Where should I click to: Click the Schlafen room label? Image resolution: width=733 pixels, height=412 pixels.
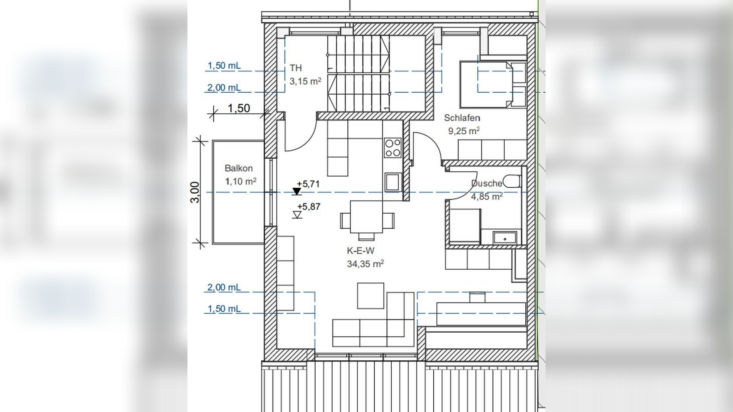pos(462,118)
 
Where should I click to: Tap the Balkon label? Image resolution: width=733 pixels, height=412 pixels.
pos(239,168)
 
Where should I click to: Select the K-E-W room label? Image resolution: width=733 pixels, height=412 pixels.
pos(360,251)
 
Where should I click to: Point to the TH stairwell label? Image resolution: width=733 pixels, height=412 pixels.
pos(295,68)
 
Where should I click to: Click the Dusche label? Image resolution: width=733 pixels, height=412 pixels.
pos(487,183)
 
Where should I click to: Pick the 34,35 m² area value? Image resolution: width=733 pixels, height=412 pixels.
pos(365,264)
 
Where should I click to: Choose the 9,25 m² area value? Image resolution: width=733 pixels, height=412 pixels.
pos(464,131)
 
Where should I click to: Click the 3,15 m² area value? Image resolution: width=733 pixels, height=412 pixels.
pos(305,81)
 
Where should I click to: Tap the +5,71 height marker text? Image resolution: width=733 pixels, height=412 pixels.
pos(308,184)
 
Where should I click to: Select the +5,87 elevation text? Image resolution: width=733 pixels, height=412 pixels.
pos(309,207)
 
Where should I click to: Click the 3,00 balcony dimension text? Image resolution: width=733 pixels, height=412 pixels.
pos(195,192)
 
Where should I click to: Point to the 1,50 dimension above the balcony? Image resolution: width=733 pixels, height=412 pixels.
pos(239,108)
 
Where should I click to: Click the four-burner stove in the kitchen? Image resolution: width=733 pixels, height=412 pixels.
pos(393,148)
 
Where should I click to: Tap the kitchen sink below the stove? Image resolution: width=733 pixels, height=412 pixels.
pos(392,182)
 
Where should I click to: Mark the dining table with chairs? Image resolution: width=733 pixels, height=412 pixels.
pos(366,219)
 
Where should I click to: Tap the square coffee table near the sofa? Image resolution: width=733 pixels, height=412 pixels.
pos(371,296)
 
